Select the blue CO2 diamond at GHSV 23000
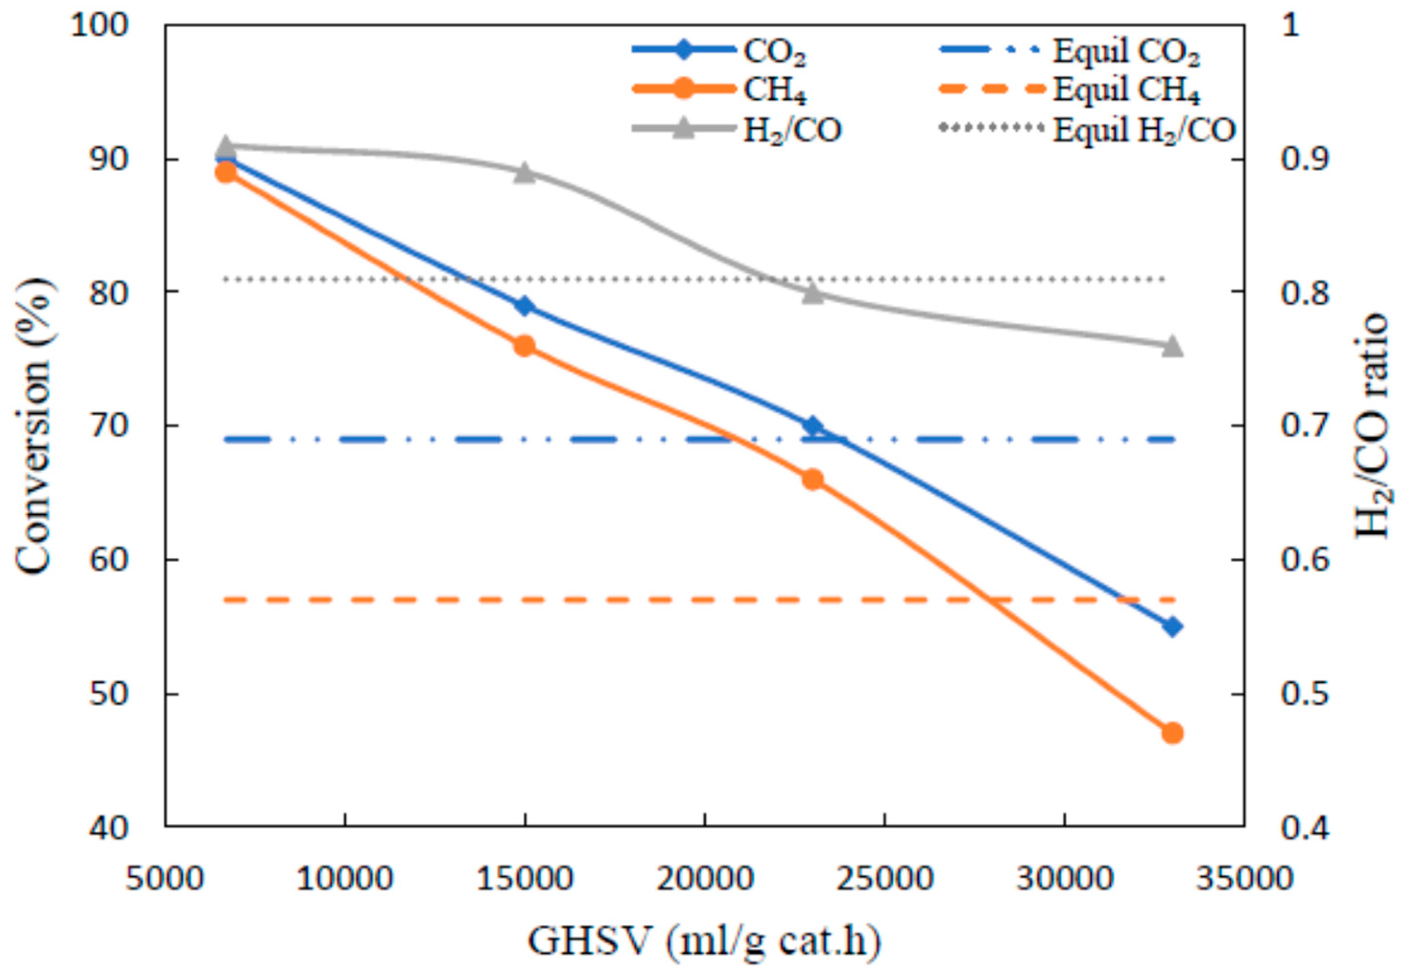(x=813, y=426)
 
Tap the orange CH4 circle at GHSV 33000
(x=1172, y=733)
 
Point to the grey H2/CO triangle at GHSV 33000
(x=1172, y=346)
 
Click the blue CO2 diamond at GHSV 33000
(x=1172, y=626)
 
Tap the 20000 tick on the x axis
(x=705, y=878)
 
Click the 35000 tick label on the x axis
(x=1245, y=878)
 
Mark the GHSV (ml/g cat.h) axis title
(x=704, y=940)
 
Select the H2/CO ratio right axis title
(x=1371, y=426)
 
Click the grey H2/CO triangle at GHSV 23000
(x=813, y=293)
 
